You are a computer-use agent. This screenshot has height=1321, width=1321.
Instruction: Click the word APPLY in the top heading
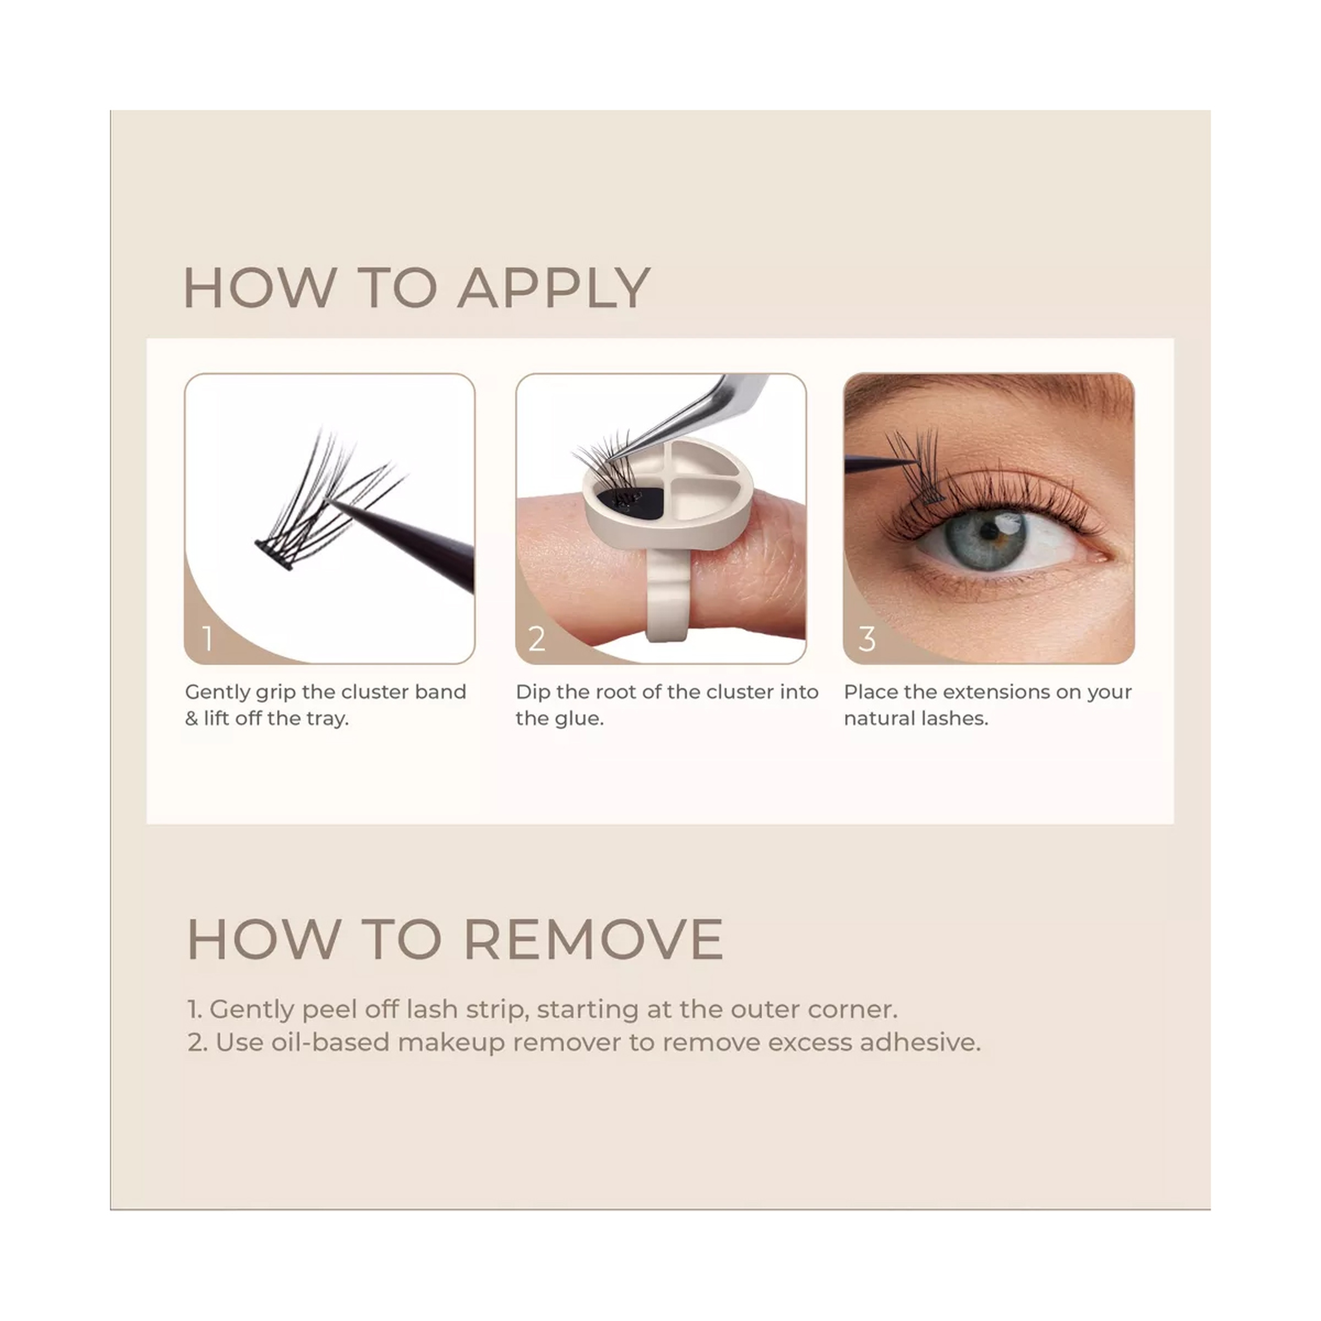click(554, 288)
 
